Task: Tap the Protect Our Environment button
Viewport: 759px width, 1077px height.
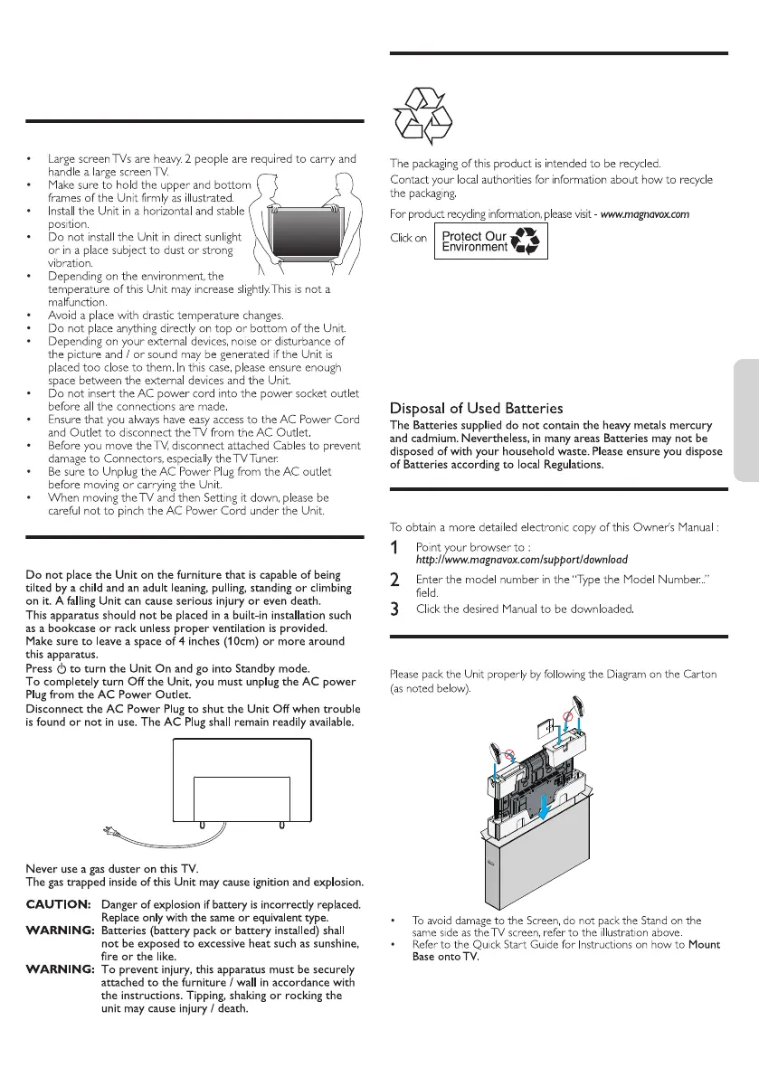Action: (x=491, y=241)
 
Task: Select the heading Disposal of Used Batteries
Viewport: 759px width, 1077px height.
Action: (x=476, y=409)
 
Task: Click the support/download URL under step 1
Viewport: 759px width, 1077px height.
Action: (x=522, y=560)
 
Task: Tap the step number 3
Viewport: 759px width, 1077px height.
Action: (x=394, y=609)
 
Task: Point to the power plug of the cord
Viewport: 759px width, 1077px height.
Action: (x=108, y=833)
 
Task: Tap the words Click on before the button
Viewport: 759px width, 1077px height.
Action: (x=408, y=239)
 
